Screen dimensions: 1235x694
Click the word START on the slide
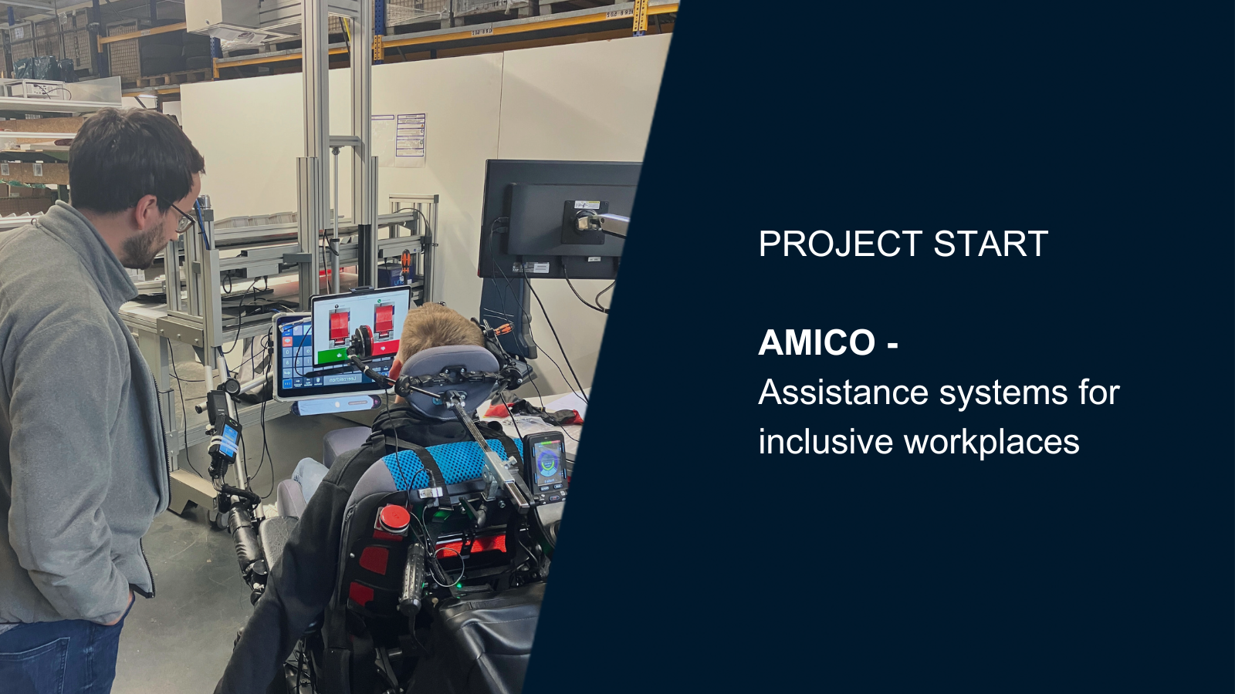click(x=991, y=244)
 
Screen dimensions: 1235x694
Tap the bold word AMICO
click(x=817, y=342)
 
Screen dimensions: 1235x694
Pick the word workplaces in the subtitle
click(x=992, y=443)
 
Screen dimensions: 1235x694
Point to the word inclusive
click(x=825, y=442)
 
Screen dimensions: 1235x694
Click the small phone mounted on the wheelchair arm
click(x=227, y=439)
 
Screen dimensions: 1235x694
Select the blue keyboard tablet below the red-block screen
click(x=325, y=358)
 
